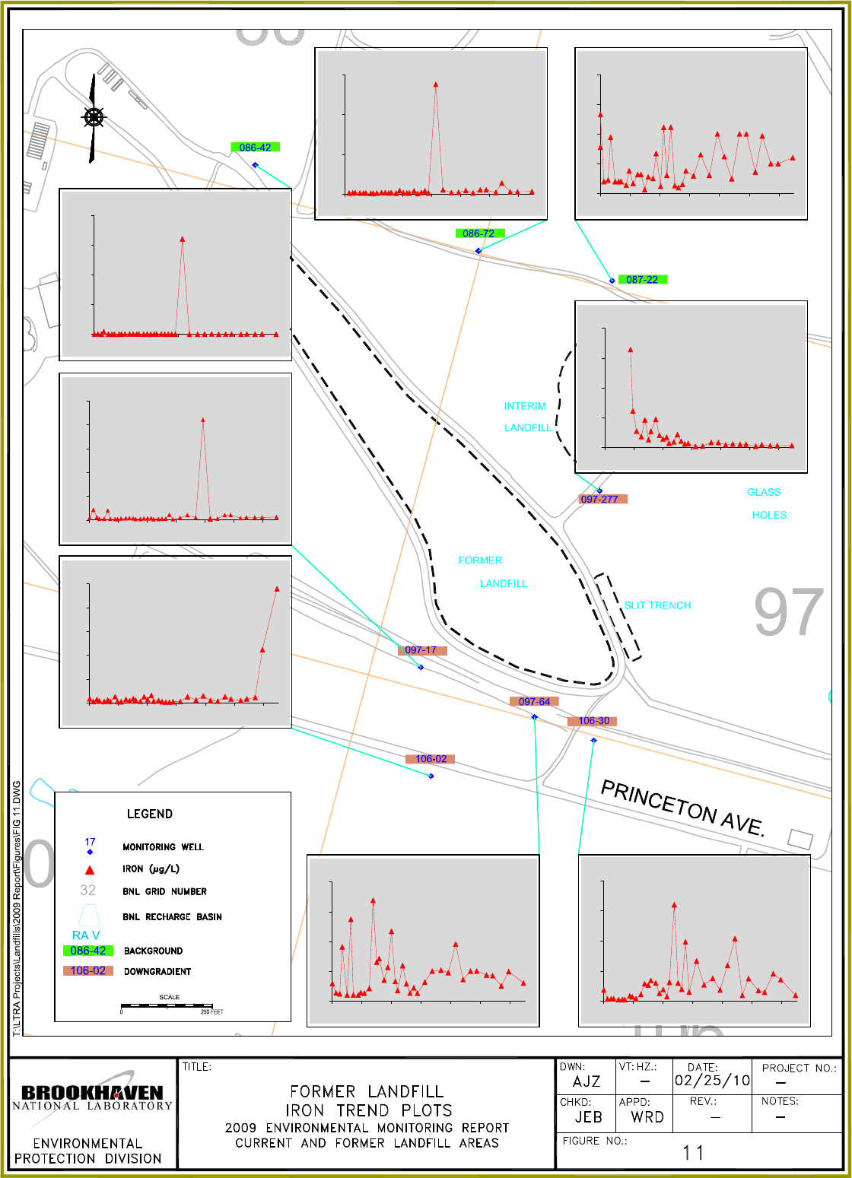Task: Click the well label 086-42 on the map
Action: click(255, 148)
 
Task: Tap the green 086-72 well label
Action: click(479, 233)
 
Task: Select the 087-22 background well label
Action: click(642, 280)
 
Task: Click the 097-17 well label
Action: click(421, 650)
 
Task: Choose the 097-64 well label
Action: click(534, 701)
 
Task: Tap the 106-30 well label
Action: click(593, 721)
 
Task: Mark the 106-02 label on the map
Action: click(431, 759)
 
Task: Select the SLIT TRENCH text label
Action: click(657, 605)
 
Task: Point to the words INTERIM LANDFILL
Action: click(526, 417)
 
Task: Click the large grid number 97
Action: click(789, 613)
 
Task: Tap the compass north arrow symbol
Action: click(93, 118)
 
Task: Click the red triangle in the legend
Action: click(90, 869)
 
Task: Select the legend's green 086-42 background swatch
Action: click(88, 951)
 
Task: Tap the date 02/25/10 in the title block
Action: click(712, 1081)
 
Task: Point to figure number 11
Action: click(694, 1153)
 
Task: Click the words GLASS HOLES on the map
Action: click(767, 503)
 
